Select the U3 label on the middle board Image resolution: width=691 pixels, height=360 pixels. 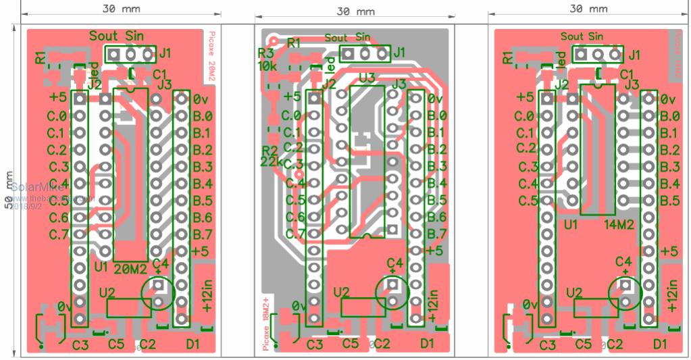(367, 78)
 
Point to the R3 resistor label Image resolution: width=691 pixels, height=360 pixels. (265, 53)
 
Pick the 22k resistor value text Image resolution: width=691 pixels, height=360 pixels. (270, 161)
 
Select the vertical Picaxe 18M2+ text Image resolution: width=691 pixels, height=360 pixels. (266, 324)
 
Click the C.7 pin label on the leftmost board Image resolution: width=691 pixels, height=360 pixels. (58, 234)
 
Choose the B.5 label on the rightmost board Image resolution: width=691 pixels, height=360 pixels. (671, 200)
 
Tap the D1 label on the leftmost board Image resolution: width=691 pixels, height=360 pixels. (193, 344)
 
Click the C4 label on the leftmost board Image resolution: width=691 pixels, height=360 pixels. (160, 263)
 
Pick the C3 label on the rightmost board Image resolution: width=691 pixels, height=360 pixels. (548, 345)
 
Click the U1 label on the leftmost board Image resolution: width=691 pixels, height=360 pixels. (102, 267)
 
